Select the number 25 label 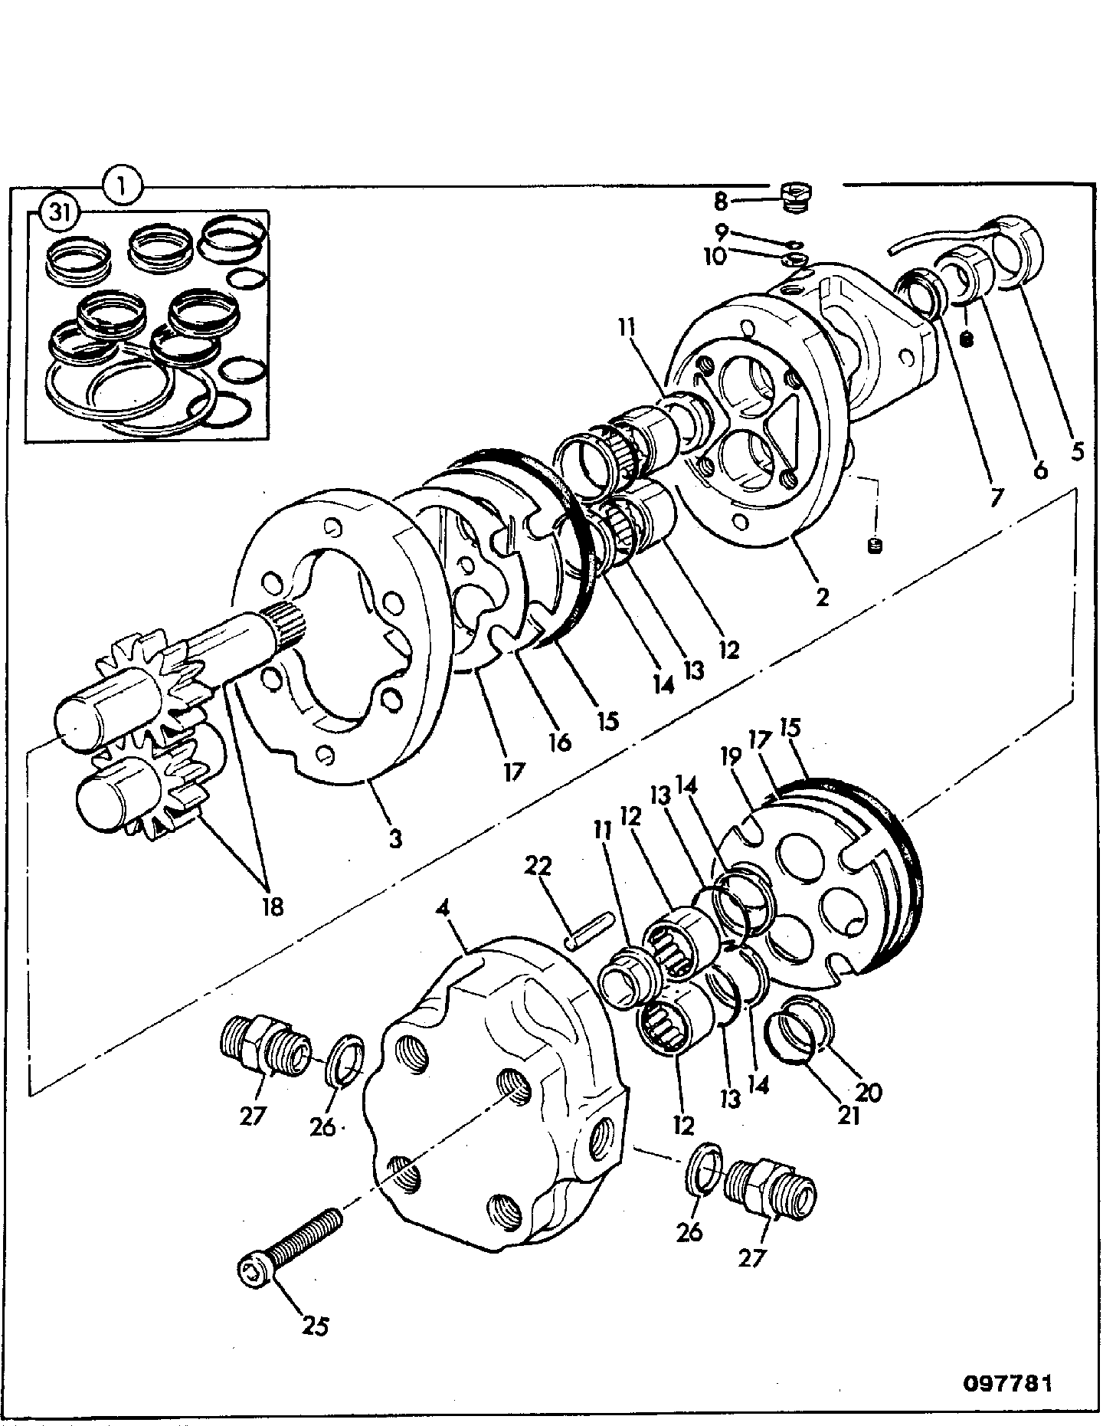316,1325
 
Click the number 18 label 272,906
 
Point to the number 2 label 822,596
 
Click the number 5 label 1077,452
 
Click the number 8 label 720,202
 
